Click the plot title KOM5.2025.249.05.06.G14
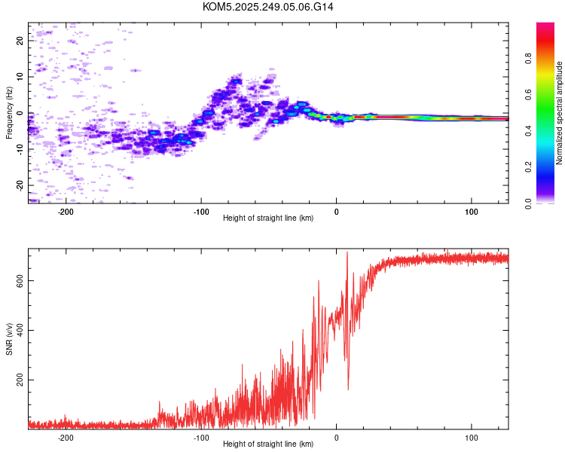(267, 7)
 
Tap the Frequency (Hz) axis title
(9, 113)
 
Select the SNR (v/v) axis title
(9, 339)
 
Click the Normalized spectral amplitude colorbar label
(559, 113)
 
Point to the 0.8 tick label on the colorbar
(528, 59)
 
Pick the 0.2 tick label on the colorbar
(528, 167)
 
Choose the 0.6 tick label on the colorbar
(528, 94)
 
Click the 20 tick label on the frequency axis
(20, 41)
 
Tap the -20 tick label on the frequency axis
(20, 185)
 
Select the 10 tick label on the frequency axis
(20, 77)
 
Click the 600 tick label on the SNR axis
(20, 281)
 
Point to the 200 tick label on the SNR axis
(20, 380)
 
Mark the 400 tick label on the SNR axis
(20, 330)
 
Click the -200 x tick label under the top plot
(66, 212)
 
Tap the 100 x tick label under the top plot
(472, 212)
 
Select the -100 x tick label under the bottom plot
(200, 438)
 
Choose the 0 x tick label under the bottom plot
(336, 438)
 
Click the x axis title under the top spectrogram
(268, 218)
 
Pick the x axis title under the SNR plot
(268, 444)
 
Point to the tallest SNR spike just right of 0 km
(347, 252)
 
